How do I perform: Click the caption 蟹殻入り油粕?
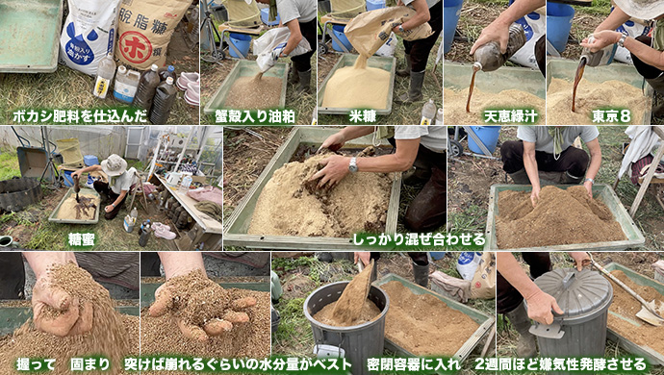pyautogui.click(x=255, y=116)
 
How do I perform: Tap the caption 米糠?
pyautogui.click(x=363, y=116)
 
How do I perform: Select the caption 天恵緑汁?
pyautogui.click(x=510, y=116)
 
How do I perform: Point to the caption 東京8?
pyautogui.click(x=611, y=116)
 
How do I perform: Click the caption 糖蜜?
pyautogui.click(x=82, y=239)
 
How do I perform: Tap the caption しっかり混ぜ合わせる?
pyautogui.click(x=420, y=240)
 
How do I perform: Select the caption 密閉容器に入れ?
pyautogui.click(x=413, y=364)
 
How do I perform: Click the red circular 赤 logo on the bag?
pyautogui.click(x=135, y=47)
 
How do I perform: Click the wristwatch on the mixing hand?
pyautogui.click(x=353, y=164)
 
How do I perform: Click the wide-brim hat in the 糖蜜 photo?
pyautogui.click(x=114, y=165)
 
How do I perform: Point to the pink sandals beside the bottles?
pyautogui.click(x=189, y=87)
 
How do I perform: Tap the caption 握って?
pyautogui.click(x=36, y=364)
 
